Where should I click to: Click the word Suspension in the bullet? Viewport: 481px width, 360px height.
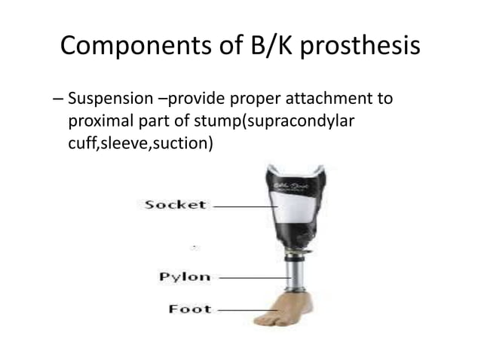(110, 100)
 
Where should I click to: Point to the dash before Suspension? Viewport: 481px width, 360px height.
(58, 100)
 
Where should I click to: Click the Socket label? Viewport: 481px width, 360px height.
(175, 204)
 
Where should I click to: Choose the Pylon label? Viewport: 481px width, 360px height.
(184, 276)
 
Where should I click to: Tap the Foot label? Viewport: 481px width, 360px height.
(189, 309)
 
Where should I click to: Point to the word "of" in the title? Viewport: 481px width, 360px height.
(220, 47)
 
